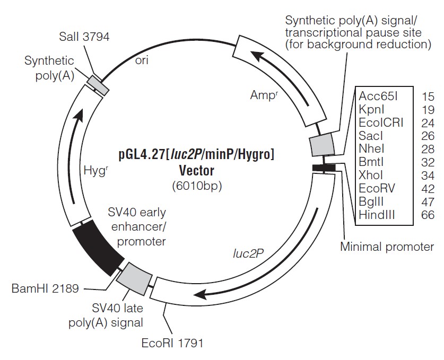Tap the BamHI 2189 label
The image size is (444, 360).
(x=45, y=288)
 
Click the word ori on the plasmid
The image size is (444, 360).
(x=141, y=60)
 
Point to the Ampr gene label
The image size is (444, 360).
(x=264, y=95)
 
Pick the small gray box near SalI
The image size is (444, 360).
(x=98, y=85)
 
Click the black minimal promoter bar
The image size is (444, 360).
(x=323, y=168)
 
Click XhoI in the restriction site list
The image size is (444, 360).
(x=371, y=175)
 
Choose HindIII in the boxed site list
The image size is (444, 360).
(x=377, y=215)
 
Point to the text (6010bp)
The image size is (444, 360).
(x=196, y=186)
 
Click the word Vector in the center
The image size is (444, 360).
(x=196, y=171)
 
